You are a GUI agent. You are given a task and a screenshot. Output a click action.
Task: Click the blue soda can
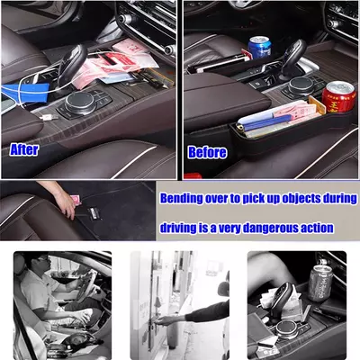point(259,48)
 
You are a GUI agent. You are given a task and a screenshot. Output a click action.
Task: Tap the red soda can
point(339,96)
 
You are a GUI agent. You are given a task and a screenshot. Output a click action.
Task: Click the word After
point(24,149)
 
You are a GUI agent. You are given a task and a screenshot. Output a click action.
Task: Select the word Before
point(207,152)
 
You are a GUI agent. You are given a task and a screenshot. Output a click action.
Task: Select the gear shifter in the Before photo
point(293,57)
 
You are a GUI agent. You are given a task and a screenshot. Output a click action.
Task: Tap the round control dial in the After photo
point(79,103)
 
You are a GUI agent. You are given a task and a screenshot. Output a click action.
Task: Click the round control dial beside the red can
point(301,86)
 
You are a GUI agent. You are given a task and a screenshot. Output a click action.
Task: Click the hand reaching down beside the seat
point(67,203)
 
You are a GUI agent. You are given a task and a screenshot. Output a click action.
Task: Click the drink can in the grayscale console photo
point(320,283)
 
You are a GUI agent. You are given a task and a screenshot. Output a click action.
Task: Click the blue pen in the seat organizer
point(268,122)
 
